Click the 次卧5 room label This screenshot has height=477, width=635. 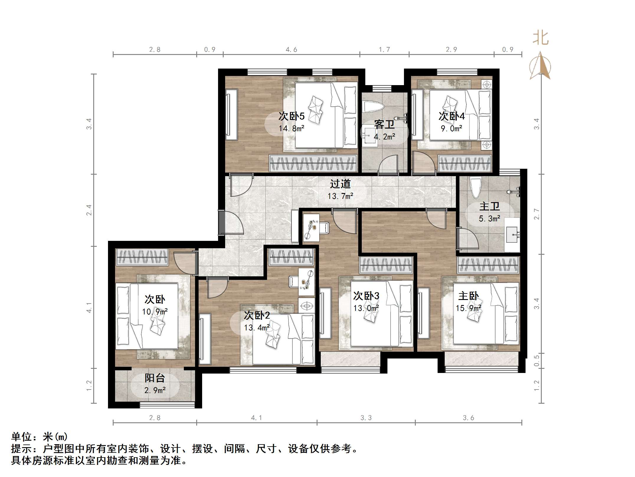(x=291, y=116)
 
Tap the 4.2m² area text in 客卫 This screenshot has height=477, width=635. (x=384, y=137)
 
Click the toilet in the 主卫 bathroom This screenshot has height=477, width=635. (x=476, y=188)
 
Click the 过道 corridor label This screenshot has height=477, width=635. (x=340, y=184)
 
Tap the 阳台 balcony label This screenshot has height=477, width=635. (x=155, y=378)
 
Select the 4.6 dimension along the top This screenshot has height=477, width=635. (x=291, y=50)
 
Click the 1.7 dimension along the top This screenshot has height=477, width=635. (x=384, y=50)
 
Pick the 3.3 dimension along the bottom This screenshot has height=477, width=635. (x=366, y=418)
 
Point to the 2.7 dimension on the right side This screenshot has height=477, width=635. (x=536, y=214)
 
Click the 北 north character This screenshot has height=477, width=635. (x=540, y=39)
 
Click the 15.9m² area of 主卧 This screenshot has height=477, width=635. (x=468, y=308)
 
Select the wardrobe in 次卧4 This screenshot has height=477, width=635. (x=465, y=163)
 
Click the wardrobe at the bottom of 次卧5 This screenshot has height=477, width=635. (x=313, y=163)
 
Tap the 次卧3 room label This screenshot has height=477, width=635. (x=366, y=296)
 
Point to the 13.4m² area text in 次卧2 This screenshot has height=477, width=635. (x=257, y=328)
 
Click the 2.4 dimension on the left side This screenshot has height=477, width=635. (x=89, y=210)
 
